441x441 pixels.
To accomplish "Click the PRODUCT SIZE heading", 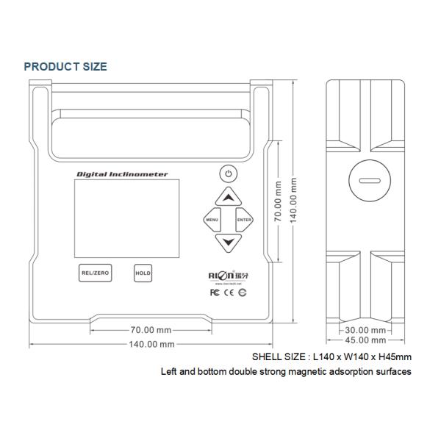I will pyautogui.click(x=65, y=67).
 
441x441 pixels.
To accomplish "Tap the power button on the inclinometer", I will pyautogui.click(x=229, y=174).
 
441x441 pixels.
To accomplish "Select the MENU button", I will pyautogui.click(x=212, y=220).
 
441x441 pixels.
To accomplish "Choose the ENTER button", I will pyautogui.click(x=245, y=220).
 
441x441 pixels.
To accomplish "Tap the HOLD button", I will pyautogui.click(x=143, y=273).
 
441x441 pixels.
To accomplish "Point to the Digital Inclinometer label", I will pyautogui.click(x=122, y=174).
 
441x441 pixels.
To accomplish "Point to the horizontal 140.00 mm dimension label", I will pyautogui.click(x=151, y=344).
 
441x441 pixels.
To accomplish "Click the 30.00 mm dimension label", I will pyautogui.click(x=366, y=329).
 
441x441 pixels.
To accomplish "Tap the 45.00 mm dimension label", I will pyautogui.click(x=366, y=340).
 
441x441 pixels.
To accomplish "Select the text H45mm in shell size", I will pyautogui.click(x=394, y=356).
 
